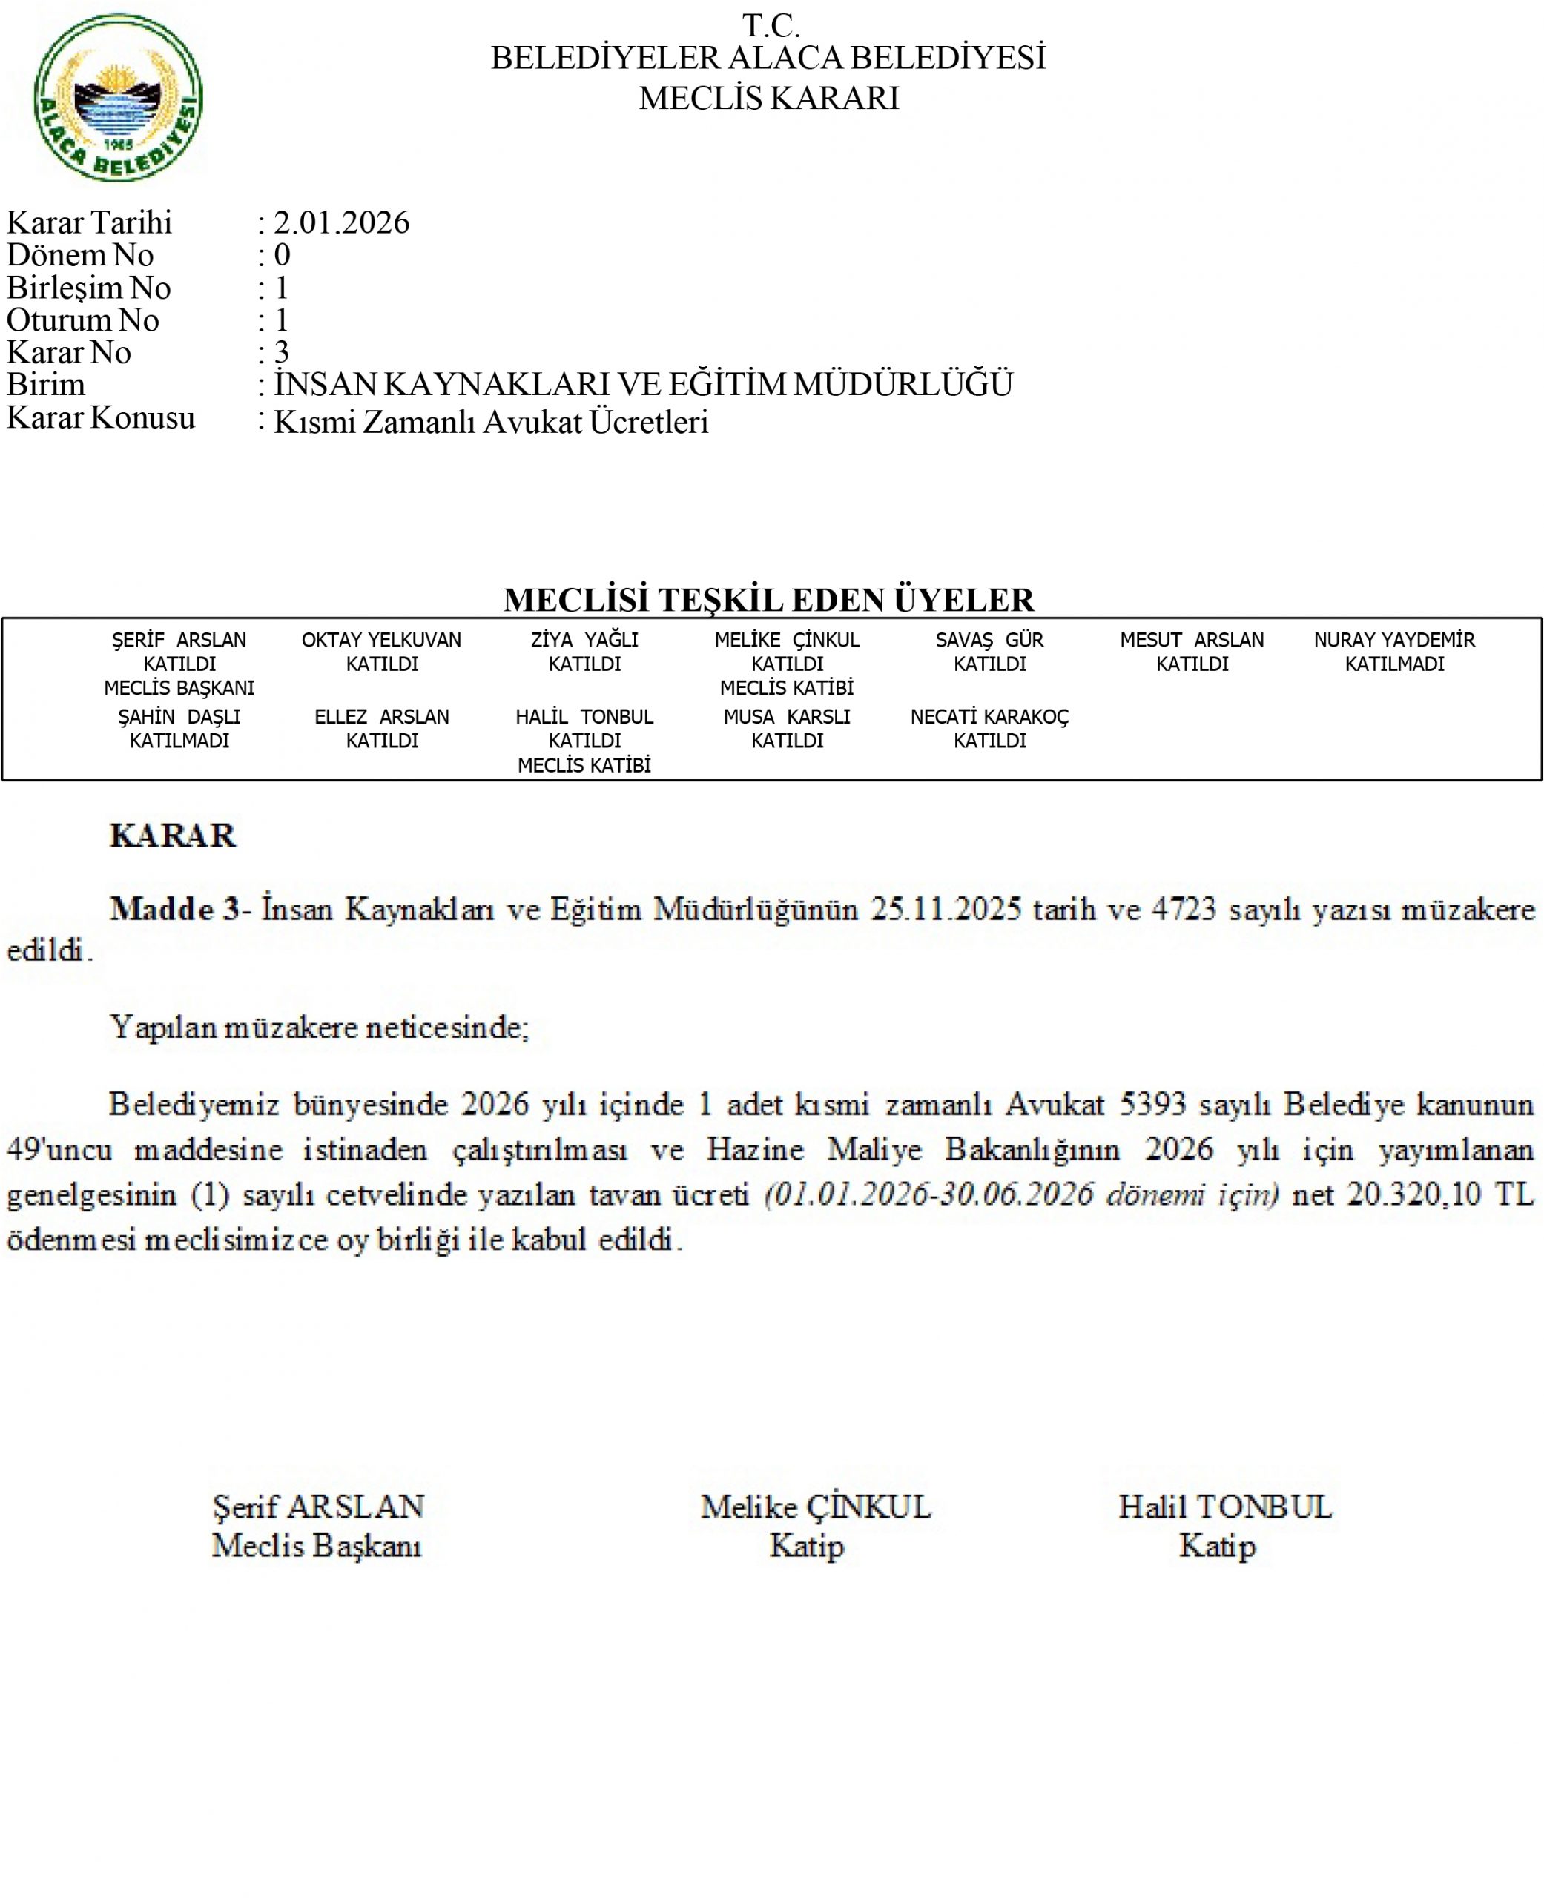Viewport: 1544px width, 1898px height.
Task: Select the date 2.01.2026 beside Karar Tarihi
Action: click(342, 222)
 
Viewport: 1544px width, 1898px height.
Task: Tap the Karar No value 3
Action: click(281, 352)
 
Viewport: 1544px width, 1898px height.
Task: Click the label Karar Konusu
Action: click(101, 418)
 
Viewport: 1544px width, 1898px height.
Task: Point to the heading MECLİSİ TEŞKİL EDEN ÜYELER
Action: click(768, 600)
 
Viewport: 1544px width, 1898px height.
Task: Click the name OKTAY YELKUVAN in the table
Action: click(382, 640)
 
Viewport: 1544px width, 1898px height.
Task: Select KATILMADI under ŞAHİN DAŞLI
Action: click(179, 741)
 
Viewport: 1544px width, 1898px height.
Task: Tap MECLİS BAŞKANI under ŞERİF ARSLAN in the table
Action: click(179, 688)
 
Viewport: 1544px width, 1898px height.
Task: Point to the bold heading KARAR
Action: click(173, 836)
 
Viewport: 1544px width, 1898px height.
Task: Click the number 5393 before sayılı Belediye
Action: click(1152, 1104)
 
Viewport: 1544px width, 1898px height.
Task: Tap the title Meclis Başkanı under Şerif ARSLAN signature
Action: click(317, 1546)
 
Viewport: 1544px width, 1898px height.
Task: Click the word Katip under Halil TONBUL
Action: click(1218, 1546)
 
